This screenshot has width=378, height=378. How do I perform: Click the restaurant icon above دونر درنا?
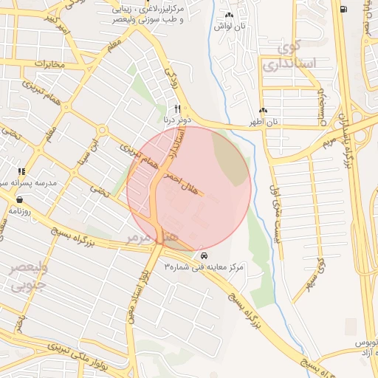pos(177,108)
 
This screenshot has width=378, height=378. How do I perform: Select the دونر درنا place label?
pos(177,118)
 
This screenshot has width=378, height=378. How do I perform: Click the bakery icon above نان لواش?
pos(229,15)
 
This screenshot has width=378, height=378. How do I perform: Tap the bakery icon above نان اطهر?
pos(272,110)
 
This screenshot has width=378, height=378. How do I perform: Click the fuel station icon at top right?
pos(345,9)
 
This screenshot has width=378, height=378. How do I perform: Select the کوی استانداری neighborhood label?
pos(298,56)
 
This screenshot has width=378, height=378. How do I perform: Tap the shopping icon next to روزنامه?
pos(18,199)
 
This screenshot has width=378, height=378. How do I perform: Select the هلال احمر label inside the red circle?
pos(180,182)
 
